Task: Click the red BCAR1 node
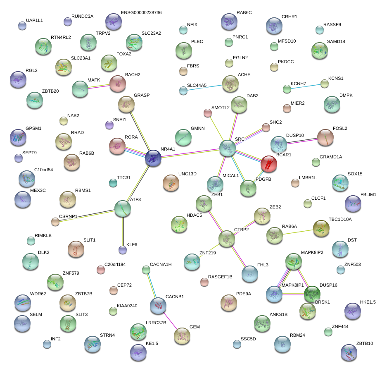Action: [x=268, y=163]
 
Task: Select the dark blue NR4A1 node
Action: [x=153, y=158]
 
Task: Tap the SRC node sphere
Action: [x=227, y=148]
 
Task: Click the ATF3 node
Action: [x=123, y=209]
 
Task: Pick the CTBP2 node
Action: [x=226, y=239]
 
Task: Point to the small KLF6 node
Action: [x=122, y=249]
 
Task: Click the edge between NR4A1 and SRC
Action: [x=190, y=153]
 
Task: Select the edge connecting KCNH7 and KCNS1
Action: [x=306, y=86]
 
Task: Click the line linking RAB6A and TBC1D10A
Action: [x=297, y=231]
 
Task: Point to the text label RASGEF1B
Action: [x=220, y=277]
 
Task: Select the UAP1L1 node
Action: [x=22, y=26]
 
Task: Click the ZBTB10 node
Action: [x=349, y=352]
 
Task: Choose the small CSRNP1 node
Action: [x=55, y=221]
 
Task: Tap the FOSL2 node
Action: [x=325, y=137]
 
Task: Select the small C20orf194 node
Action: [x=100, y=270]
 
